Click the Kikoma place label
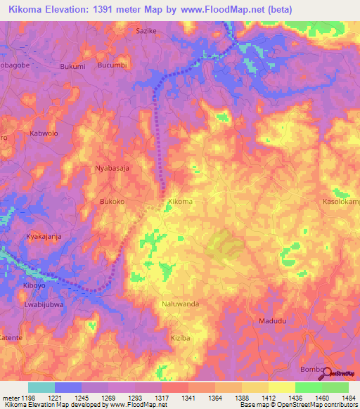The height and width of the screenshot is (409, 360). click(x=180, y=202)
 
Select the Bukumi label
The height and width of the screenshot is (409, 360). click(x=73, y=66)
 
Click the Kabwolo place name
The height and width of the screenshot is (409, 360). click(x=42, y=133)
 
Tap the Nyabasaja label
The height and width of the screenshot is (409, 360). click(x=112, y=169)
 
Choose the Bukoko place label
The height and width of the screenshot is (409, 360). click(x=112, y=202)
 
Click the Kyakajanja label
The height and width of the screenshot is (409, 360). click(x=44, y=237)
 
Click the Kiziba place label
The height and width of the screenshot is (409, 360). click(x=181, y=338)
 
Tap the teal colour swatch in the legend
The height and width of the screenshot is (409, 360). click(x=41, y=387)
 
